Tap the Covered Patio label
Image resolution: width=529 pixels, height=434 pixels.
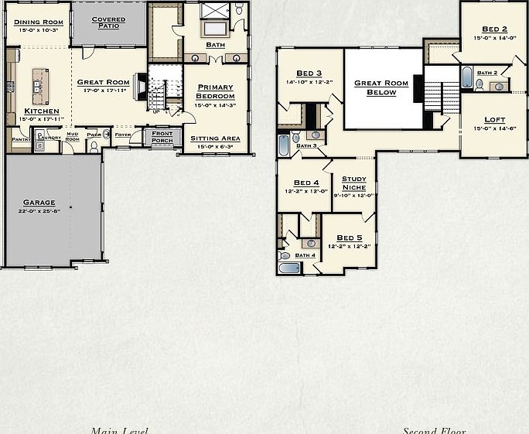pos(108,22)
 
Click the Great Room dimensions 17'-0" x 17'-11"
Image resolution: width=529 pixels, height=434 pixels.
pos(103,91)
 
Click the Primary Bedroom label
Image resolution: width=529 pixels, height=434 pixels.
pos(215,91)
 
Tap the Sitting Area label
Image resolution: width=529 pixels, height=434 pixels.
pos(215,138)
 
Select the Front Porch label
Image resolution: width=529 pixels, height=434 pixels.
pos(162,137)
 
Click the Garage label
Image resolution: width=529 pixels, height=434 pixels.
pos(39,203)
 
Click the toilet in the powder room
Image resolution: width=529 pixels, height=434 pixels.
pos(94,146)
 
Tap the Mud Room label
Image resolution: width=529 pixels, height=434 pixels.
pos(72,137)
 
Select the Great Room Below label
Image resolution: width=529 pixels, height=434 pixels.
pos(381,87)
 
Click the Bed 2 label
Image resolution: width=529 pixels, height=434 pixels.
pos(494,29)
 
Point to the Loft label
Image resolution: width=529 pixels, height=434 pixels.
pos(494,119)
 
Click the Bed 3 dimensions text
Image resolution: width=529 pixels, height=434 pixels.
pos(309,81)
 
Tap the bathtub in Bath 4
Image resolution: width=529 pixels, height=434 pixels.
pos(289,268)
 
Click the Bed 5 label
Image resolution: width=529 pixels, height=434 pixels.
pos(349,238)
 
